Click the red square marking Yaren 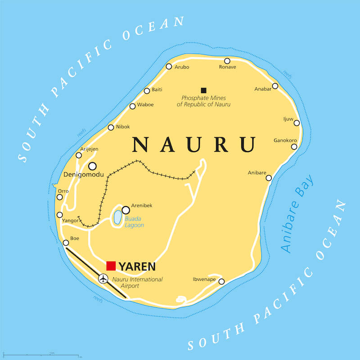(x=111, y=265)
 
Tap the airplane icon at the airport (x=104, y=279)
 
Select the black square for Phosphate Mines (x=203, y=90)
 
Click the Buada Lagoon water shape (x=117, y=218)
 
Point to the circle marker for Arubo (x=169, y=66)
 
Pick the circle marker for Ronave (x=227, y=61)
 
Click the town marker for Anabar (x=275, y=86)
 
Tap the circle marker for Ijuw (x=297, y=123)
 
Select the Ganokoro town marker (x=294, y=146)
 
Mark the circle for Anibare (x=269, y=178)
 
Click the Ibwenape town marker (x=221, y=281)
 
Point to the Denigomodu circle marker (x=92, y=166)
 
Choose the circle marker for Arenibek (x=126, y=210)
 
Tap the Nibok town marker (x=111, y=127)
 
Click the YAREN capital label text (x=137, y=266)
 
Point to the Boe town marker (x=66, y=243)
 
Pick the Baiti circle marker (x=147, y=91)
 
